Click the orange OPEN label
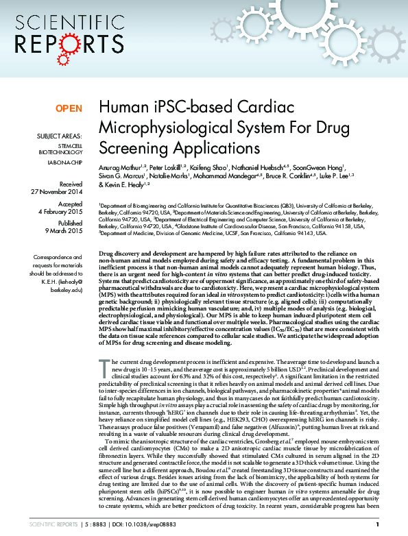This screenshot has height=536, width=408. tap(69, 108)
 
